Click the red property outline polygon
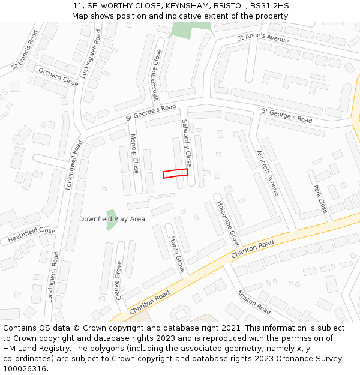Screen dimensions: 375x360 pos(175,173)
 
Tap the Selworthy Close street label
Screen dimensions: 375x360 pos(187,143)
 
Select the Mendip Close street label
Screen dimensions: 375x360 pos(135,153)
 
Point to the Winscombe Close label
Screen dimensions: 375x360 pos(157,75)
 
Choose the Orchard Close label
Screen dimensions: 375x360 pos(58,77)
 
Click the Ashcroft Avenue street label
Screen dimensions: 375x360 pos(268,173)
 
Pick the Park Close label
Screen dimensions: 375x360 pos(320,199)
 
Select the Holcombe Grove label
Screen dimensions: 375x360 pos(228,224)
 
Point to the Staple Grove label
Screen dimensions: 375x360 pos(176,254)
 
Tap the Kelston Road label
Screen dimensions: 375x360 pos(254,302)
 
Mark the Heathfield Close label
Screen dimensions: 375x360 pos(31,235)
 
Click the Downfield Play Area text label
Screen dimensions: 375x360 pos(112,219)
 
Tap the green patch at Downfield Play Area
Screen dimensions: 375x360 pos(110,217)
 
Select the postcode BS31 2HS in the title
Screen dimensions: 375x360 pos(269,6)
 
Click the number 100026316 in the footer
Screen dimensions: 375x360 pos(25,369)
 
